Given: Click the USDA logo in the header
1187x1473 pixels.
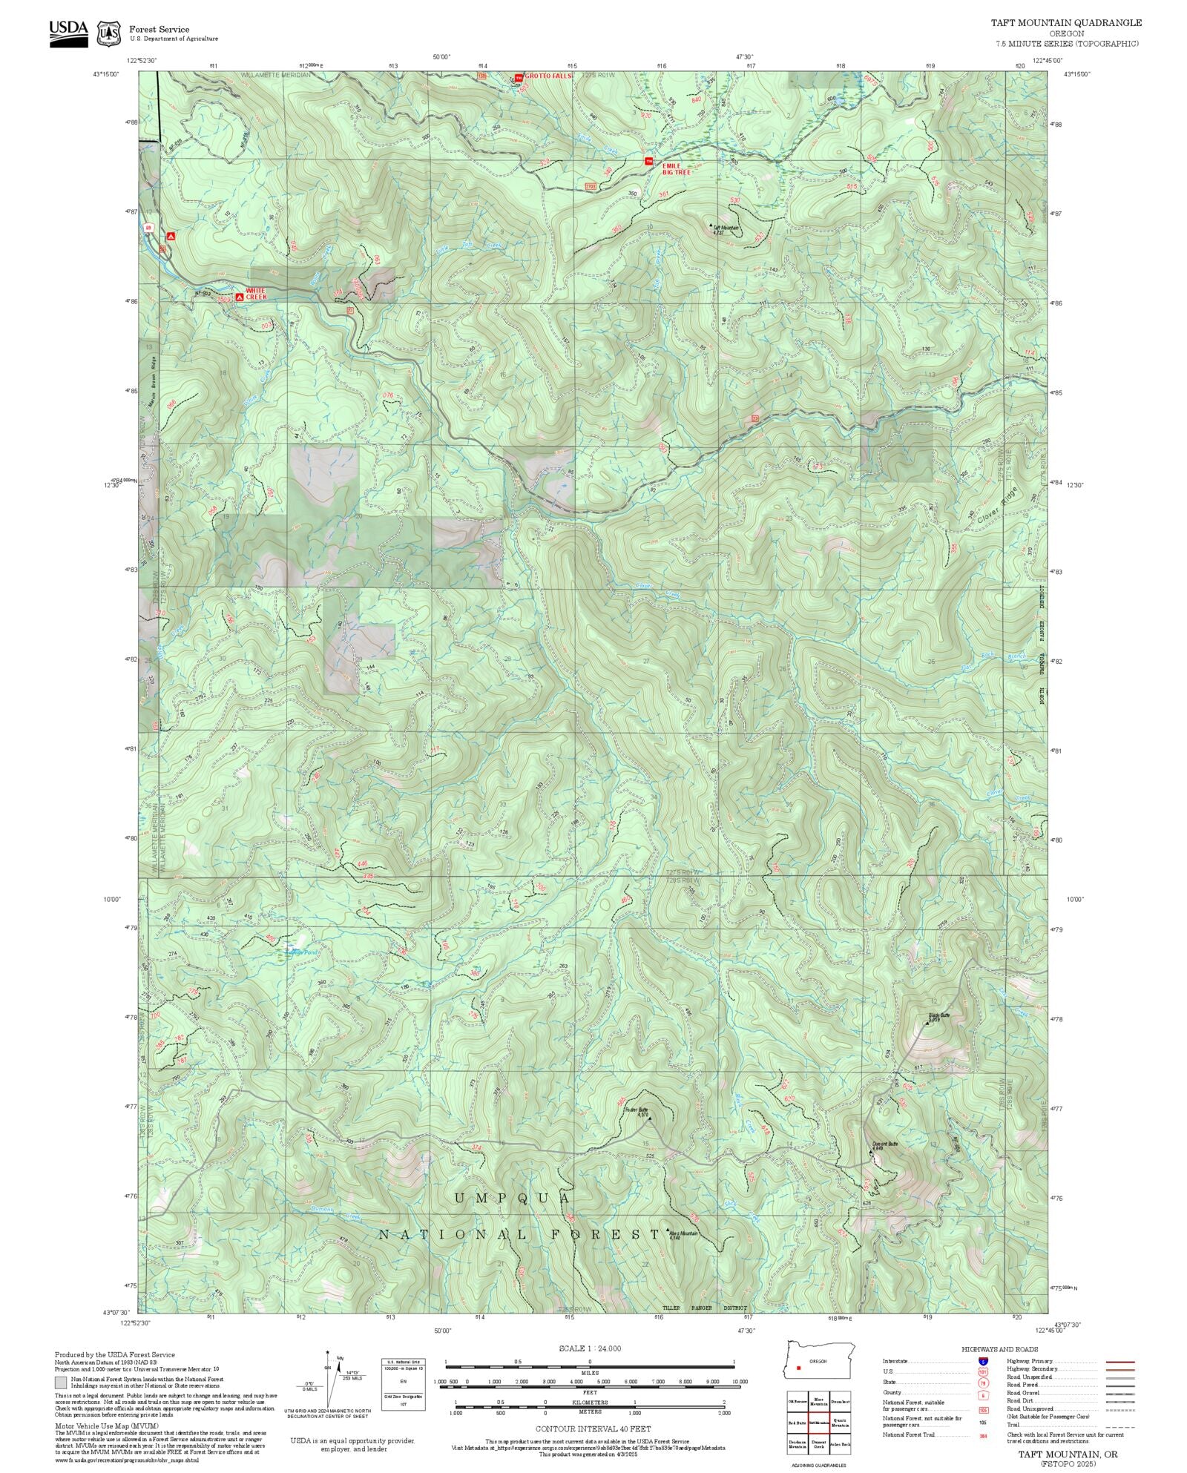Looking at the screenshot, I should (68, 33).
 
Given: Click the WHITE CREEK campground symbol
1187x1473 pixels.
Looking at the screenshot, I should (239, 297).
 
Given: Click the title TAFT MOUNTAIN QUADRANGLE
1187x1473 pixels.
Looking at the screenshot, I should (1066, 23).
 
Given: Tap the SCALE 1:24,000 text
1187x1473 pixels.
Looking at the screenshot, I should (590, 1348).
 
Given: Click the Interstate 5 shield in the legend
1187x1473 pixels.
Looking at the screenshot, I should (983, 1362).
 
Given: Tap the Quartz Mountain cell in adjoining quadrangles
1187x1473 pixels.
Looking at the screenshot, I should (840, 1422).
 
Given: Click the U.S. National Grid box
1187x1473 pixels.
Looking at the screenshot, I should (404, 1385).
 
